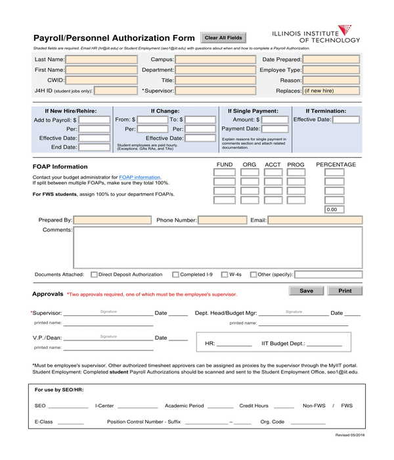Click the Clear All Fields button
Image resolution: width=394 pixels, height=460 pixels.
coord(223,38)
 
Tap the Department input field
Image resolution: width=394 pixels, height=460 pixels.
coord(215,70)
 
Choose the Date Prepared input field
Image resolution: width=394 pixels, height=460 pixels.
coord(331,59)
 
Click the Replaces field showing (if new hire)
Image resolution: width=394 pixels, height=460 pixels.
coord(331,91)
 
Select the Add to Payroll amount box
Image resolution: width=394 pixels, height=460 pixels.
coord(94,120)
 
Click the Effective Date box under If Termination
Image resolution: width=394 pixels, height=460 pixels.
coord(346,120)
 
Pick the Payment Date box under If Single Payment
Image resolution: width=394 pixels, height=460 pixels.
coord(275,129)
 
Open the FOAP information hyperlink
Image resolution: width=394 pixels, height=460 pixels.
coord(139,177)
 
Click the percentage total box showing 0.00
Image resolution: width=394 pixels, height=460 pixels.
coord(334,210)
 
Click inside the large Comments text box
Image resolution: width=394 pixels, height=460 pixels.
coord(217,247)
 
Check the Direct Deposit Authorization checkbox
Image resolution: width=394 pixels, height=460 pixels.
coord(94,275)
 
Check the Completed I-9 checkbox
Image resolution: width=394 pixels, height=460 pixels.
coord(175,275)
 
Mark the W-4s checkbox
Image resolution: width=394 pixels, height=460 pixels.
coord(224,275)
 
